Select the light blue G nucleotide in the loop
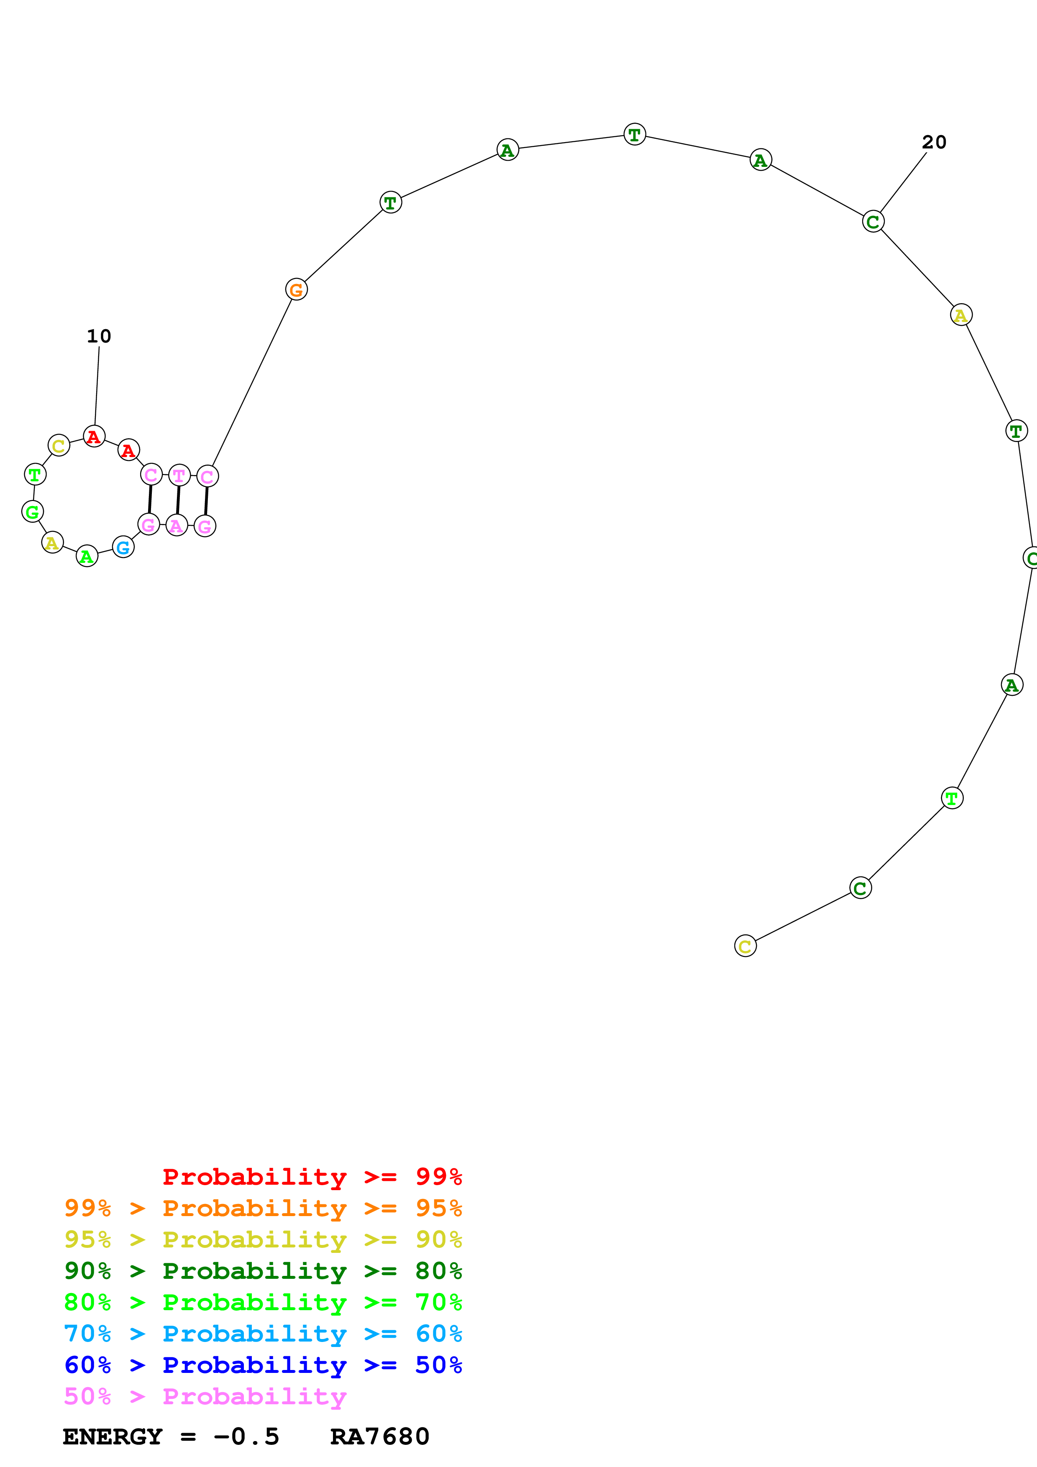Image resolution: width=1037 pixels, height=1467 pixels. [x=123, y=547]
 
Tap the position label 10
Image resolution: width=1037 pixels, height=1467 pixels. [x=99, y=336]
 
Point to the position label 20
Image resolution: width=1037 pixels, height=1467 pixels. [x=934, y=142]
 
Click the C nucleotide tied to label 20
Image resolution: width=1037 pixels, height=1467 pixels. [x=873, y=222]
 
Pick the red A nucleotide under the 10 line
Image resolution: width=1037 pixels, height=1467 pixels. [x=94, y=437]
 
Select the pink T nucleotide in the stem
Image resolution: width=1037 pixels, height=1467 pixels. [x=179, y=475]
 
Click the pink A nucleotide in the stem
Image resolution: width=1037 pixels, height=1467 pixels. [x=177, y=525]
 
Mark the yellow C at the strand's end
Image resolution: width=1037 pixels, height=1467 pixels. [x=745, y=946]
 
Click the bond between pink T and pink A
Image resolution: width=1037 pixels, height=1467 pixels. [x=178, y=500]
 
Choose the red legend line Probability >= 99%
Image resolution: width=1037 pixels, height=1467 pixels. [x=312, y=1176]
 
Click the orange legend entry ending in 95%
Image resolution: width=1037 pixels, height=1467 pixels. [x=263, y=1208]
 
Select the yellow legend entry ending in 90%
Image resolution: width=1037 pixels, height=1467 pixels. [x=263, y=1239]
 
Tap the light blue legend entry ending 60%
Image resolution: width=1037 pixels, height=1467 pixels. [x=263, y=1334]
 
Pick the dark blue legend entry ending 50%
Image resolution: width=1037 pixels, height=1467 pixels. [x=263, y=1365]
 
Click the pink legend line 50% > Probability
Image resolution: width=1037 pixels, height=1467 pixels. [x=205, y=1396]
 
